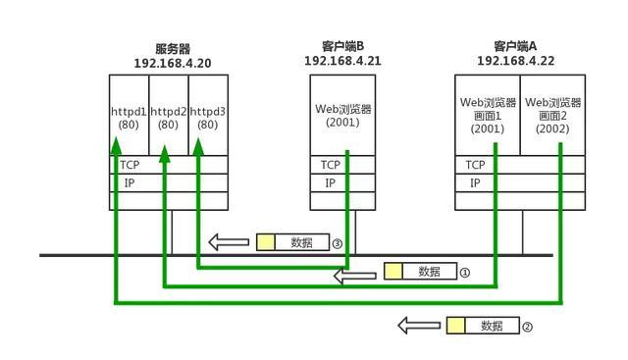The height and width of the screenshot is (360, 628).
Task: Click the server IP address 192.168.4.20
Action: [x=172, y=63]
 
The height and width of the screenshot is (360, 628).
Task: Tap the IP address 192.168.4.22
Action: [x=516, y=60]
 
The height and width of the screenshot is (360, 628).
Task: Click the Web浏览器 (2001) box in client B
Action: [x=343, y=116]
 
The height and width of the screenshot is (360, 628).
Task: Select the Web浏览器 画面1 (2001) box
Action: [x=488, y=115]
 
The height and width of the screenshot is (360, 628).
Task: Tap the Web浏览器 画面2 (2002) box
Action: [x=553, y=115]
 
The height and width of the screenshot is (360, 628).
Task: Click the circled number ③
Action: [x=337, y=243]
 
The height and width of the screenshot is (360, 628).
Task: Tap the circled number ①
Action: [x=465, y=273]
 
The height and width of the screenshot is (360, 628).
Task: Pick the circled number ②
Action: [x=527, y=327]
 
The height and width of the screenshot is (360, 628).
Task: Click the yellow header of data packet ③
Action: [x=265, y=242]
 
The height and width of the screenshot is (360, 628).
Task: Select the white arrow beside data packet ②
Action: [x=417, y=326]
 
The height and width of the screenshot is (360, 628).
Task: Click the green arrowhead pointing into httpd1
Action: [x=116, y=145]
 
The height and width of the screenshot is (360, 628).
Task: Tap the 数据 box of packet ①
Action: [x=430, y=272]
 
